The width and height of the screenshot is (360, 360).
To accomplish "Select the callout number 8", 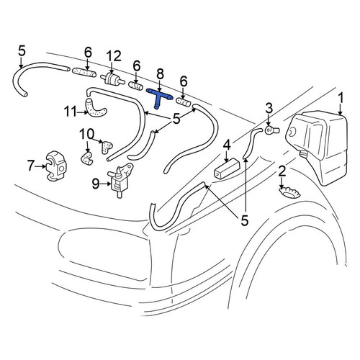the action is pyautogui.click(x=161, y=75).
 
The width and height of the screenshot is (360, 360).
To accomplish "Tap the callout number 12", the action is pyautogui.click(x=114, y=57).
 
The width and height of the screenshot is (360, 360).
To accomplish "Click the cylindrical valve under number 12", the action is pyautogui.click(x=112, y=78).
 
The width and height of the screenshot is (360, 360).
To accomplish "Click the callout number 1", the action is pyautogui.click(x=341, y=99).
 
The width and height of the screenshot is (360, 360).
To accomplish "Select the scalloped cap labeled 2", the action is pyautogui.click(x=289, y=192).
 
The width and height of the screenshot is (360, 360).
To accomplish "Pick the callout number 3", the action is pyautogui.click(x=269, y=108).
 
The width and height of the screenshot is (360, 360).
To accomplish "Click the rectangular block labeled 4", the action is pyautogui.click(x=227, y=168).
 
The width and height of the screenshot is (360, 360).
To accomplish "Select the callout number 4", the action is pyautogui.click(x=227, y=145).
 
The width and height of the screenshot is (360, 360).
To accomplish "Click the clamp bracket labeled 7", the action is pyautogui.click(x=57, y=166).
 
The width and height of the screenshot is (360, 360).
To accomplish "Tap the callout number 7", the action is pyautogui.click(x=31, y=166).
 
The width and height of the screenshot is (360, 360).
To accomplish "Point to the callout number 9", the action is pyautogui.click(x=96, y=184).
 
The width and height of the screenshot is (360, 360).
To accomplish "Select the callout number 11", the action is pyautogui.click(x=71, y=112).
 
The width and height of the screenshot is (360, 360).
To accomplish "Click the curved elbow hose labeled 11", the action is pyautogui.click(x=96, y=109).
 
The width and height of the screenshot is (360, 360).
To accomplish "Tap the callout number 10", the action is pyautogui.click(x=87, y=134).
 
